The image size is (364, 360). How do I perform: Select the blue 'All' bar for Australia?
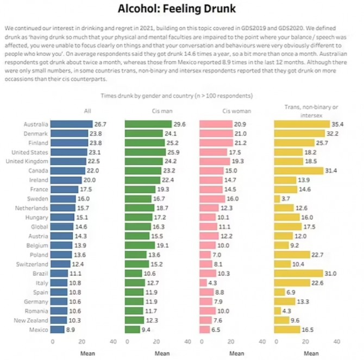tap(71, 124)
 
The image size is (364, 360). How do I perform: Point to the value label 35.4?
tap(338, 124)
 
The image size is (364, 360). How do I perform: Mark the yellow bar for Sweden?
tap(277, 199)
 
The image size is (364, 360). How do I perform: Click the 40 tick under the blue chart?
tap(114, 342)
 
